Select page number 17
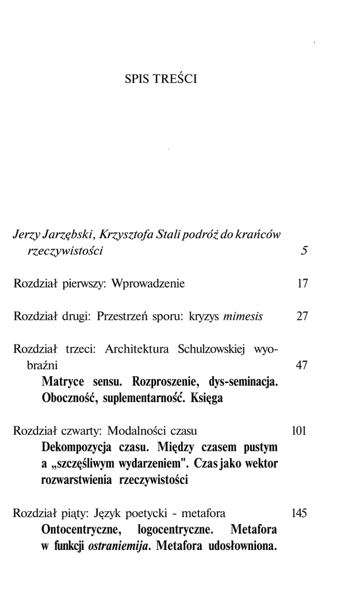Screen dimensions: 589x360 (302, 284)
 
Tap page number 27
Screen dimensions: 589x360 (302, 316)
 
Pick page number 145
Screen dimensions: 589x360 (300, 512)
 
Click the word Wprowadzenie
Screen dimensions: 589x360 (148, 284)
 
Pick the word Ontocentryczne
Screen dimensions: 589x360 (82, 529)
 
